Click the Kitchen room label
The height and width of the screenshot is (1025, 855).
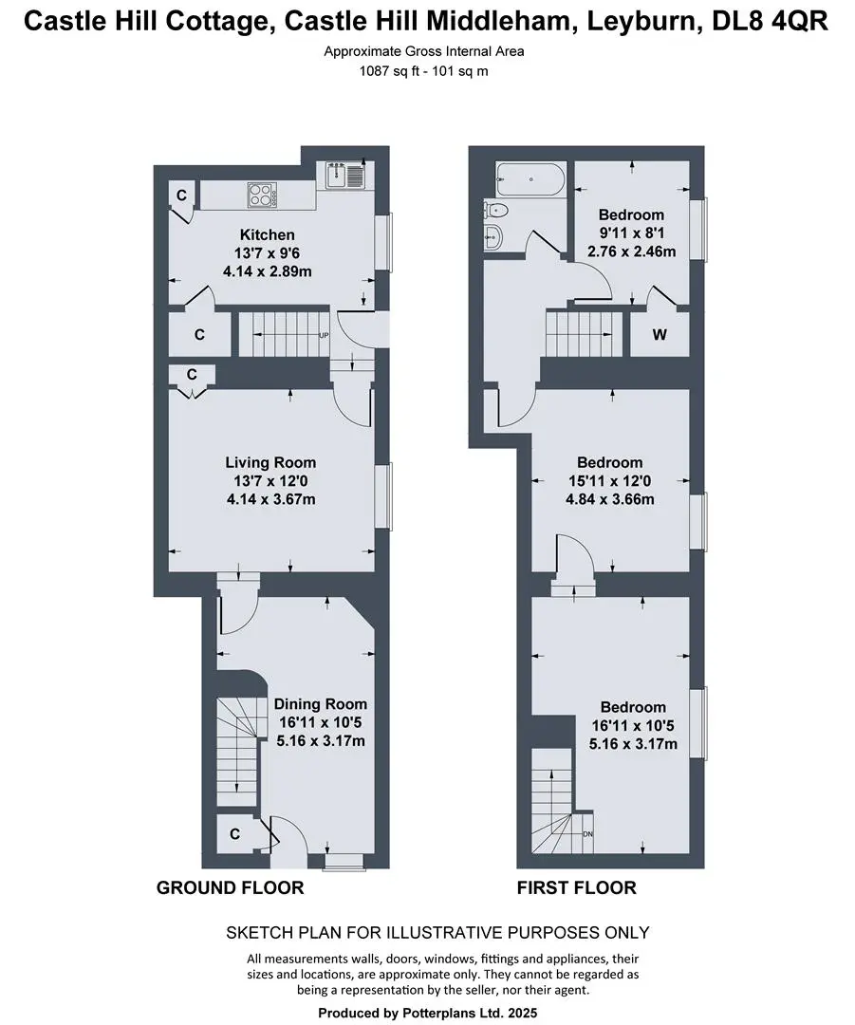(267, 234)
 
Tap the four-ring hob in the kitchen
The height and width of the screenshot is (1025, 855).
(262, 195)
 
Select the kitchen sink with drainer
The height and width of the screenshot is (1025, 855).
(346, 176)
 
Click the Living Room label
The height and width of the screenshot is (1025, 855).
(270, 462)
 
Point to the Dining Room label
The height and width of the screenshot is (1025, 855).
(321, 704)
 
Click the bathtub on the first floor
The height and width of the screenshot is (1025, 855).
(530, 178)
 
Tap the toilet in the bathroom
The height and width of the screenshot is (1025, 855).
(497, 211)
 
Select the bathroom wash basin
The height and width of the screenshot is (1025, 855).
(493, 236)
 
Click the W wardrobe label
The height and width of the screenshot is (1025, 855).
(660, 335)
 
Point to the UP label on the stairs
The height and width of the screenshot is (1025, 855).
(324, 335)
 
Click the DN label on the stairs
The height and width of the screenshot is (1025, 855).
(587, 834)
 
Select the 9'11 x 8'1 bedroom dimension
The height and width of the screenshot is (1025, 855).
(631, 233)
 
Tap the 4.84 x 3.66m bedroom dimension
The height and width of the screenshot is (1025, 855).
(610, 499)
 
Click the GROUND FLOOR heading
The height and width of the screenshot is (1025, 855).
(230, 887)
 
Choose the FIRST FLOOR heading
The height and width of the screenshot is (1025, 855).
(577, 887)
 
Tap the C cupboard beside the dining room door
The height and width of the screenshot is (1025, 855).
(234, 834)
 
